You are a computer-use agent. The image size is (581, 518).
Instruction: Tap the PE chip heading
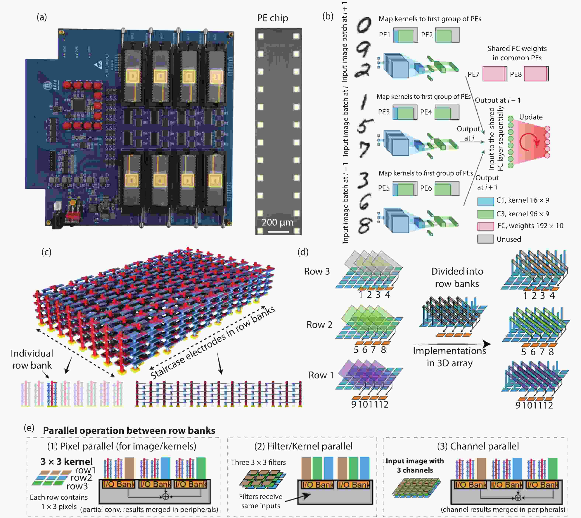click(x=272, y=18)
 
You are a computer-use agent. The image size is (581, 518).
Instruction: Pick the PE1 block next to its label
click(x=405, y=35)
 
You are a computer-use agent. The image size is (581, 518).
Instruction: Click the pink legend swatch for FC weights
click(x=485, y=226)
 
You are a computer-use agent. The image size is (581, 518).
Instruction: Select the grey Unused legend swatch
click(x=485, y=239)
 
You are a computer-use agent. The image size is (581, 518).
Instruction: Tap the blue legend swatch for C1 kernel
click(x=485, y=201)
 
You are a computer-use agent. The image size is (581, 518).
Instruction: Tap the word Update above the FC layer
click(x=531, y=117)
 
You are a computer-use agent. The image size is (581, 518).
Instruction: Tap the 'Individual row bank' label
click(x=32, y=359)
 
